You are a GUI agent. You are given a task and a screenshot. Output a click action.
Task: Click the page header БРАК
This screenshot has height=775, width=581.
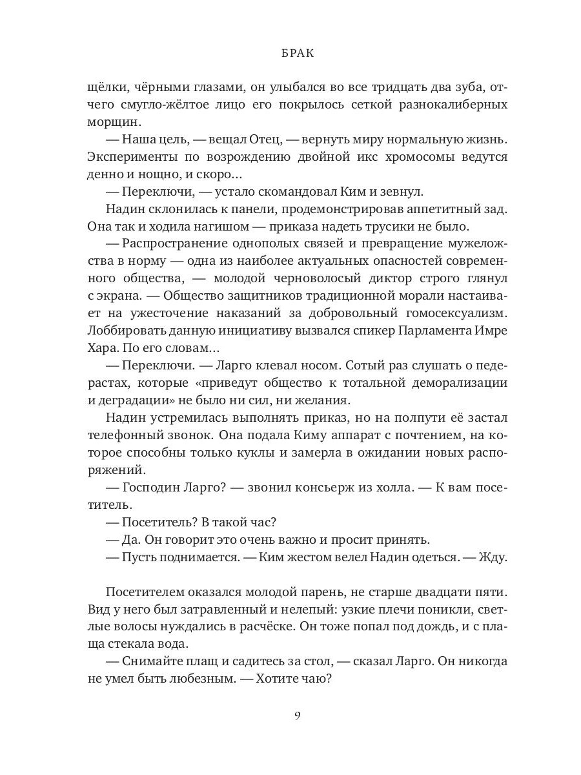click(x=298, y=54)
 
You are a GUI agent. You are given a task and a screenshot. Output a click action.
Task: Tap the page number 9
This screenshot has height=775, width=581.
click(x=297, y=715)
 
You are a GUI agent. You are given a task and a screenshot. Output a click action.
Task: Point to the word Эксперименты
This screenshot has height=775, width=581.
click(x=133, y=157)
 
